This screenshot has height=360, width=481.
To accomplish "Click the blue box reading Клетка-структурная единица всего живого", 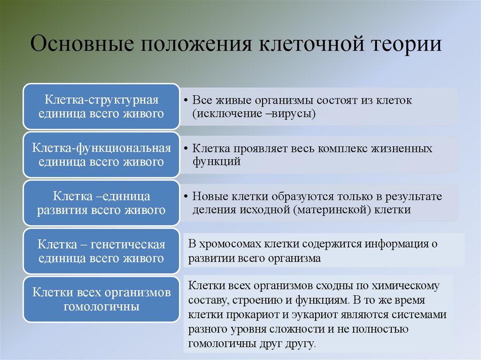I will [x=101, y=107].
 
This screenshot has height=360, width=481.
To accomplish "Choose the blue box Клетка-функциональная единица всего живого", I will [x=101, y=155].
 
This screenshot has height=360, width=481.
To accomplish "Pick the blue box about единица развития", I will [x=101, y=203].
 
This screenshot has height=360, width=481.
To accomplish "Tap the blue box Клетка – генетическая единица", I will [x=101, y=251].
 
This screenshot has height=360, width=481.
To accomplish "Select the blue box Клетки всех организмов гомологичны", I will [x=101, y=299].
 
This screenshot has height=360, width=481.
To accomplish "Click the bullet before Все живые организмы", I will [x=186, y=101].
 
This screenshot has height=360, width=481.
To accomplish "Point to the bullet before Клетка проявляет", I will [x=186, y=149].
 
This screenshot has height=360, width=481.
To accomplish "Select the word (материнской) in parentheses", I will [x=334, y=210].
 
